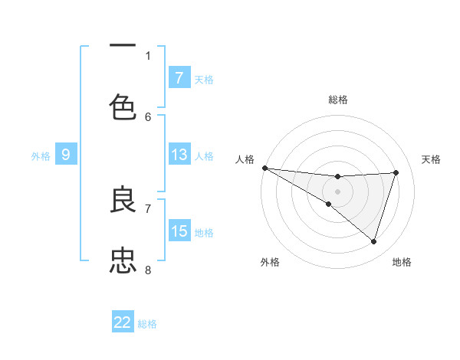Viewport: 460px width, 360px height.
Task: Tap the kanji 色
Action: click(123, 107)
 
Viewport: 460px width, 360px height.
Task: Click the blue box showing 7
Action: click(179, 78)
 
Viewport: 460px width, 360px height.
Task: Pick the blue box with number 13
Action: click(179, 155)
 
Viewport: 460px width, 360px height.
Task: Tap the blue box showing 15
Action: click(179, 231)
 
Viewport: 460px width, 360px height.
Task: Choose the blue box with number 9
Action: click(66, 155)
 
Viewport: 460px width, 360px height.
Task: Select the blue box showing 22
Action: click(123, 323)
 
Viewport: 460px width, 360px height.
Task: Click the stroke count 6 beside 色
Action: click(148, 116)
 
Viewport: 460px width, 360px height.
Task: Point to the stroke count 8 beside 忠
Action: click(148, 270)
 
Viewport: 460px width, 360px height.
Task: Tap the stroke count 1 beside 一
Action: click(148, 56)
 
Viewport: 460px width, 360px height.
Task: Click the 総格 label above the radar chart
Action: click(338, 100)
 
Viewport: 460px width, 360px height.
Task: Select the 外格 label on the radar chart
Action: click(270, 262)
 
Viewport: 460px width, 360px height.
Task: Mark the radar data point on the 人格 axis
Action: click(264, 168)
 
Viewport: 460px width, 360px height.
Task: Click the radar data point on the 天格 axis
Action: click(396, 172)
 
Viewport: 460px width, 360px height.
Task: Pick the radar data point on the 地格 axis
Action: click(373, 241)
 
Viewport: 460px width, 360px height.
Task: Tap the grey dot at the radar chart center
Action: click(337, 191)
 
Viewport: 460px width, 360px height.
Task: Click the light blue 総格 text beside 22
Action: click(147, 324)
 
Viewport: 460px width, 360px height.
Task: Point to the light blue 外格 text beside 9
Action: click(41, 156)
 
